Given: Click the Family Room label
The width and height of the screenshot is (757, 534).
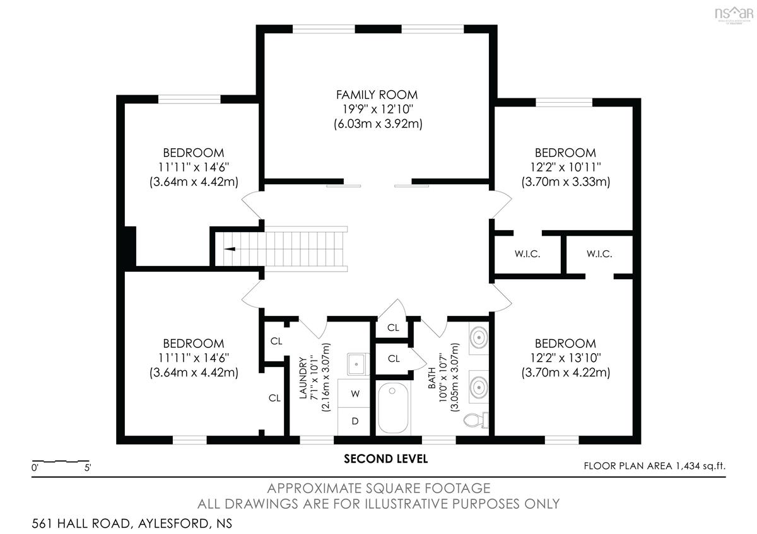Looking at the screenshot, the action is pos(377,95).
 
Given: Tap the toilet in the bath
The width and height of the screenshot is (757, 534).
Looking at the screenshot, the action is pos(476,420).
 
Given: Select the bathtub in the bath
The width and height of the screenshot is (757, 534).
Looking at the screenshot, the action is pos(392,408).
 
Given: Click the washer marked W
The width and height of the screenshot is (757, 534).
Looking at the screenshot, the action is pos(355,393).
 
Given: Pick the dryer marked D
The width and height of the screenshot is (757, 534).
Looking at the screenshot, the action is pos(355,421).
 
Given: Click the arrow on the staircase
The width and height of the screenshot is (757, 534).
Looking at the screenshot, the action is pos(230,249).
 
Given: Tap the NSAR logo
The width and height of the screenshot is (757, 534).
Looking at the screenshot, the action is pos(734,15).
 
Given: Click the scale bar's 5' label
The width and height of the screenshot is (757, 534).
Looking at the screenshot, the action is pos(88,468).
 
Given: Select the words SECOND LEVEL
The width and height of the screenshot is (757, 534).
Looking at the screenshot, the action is pos(385,459).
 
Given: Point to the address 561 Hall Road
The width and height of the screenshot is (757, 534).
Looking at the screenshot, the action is pos(81,523).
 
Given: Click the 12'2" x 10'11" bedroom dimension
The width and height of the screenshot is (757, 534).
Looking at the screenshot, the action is pos(565,167).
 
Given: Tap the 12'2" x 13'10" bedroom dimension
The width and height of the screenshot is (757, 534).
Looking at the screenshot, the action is pos(565,357).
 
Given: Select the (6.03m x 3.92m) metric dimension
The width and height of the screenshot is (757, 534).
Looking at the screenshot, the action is pos(378,124).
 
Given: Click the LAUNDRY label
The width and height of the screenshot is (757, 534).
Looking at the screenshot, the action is pos(303,378).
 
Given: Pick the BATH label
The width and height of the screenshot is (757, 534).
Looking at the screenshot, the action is pos(431,378).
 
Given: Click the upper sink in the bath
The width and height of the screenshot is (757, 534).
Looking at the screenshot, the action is pos(479,337).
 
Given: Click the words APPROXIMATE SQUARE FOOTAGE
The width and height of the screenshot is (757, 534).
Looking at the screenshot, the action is pos(378,489).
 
